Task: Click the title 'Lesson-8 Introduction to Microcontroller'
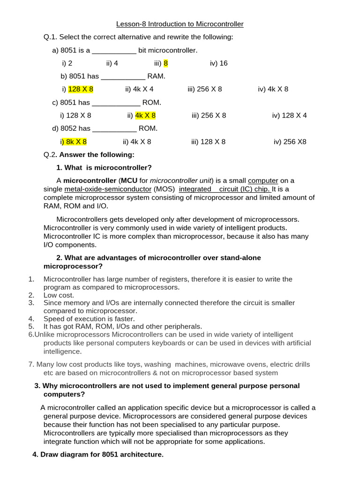180,24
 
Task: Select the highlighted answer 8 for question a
165,63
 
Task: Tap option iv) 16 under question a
219,63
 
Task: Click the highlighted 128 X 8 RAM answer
81,89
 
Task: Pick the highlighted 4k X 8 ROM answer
145,115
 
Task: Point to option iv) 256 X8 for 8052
290,142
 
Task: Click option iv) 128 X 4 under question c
289,115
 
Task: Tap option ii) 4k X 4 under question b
139,89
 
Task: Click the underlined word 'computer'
263,180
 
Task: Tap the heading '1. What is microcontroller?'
104,167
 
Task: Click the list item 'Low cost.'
59,295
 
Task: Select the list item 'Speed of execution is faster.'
89,319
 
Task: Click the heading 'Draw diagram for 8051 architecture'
98,455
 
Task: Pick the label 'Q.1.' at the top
51,37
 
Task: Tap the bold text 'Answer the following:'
97,155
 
